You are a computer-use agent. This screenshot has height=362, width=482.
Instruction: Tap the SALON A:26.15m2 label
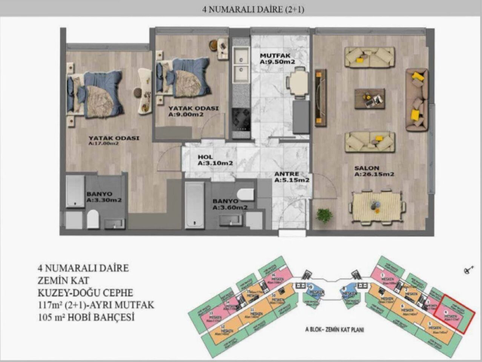pos(374,171)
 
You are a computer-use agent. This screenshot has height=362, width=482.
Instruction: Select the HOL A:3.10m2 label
pos(215,160)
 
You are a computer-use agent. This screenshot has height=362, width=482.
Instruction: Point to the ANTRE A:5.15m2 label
pos(292,177)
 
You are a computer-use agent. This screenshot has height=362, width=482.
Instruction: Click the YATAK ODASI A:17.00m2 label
pos(114,140)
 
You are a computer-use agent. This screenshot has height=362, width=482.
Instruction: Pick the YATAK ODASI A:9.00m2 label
pos(193,111)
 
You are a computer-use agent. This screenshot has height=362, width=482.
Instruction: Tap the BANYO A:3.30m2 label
pos(104,197)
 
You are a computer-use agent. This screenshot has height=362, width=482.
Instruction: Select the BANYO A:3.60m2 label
pos(230,204)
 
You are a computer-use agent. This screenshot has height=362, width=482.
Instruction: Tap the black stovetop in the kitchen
pos(241,118)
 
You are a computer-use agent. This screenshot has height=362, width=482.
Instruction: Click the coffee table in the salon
pos(370,98)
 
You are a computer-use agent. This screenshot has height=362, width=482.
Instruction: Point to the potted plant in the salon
pos(324,215)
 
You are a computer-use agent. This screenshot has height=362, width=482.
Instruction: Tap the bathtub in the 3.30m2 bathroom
pos(75,191)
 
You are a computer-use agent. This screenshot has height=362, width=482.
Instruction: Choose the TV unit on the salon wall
pos(321,98)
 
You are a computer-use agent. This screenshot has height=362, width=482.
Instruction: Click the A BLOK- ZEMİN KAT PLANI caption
pos(335,329)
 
